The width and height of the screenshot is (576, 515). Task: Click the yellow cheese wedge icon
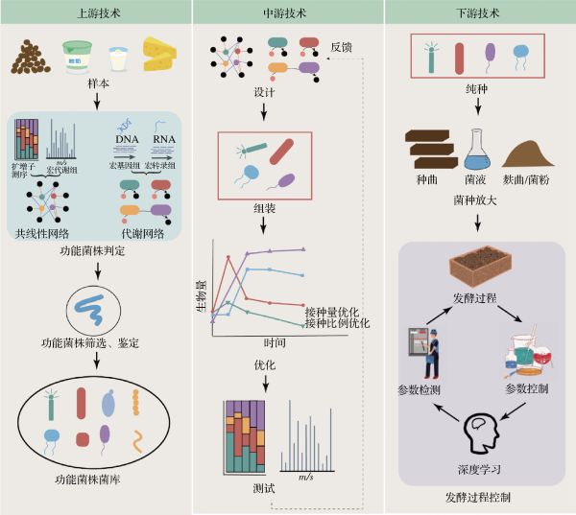(161, 56)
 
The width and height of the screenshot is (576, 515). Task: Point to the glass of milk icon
(118, 59)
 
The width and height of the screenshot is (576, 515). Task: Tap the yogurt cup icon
(76, 58)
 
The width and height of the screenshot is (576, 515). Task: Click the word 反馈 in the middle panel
(344, 45)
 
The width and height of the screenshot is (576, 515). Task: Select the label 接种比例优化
(337, 323)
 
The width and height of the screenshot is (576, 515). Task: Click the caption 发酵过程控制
(477, 498)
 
